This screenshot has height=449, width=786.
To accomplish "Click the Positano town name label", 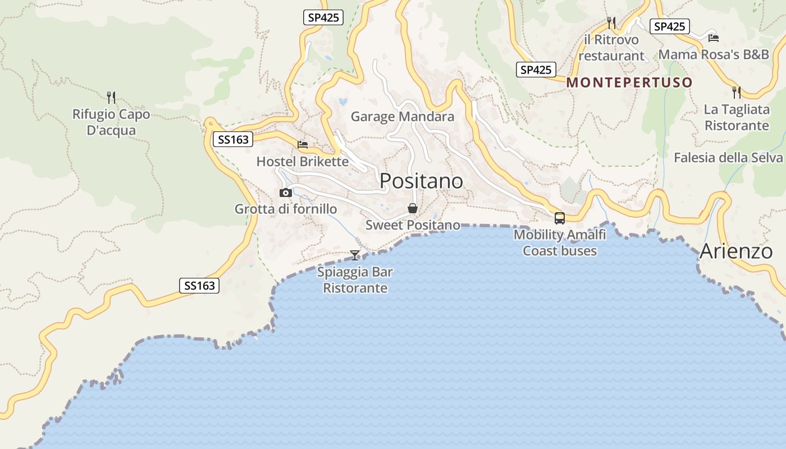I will [x=421, y=181].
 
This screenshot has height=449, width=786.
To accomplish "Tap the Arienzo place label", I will [x=736, y=251].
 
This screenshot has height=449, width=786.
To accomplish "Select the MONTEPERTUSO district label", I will [x=629, y=83].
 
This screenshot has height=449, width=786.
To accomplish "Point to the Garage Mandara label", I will [x=402, y=117].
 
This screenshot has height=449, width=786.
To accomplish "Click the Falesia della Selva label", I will [x=728, y=157].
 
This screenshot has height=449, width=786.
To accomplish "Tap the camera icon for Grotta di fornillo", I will [x=286, y=193].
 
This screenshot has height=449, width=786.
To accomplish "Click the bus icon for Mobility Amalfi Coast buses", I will [x=559, y=218].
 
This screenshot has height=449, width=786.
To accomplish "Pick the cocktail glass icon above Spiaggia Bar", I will [x=355, y=255].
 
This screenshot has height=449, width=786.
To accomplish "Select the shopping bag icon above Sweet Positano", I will [x=413, y=208].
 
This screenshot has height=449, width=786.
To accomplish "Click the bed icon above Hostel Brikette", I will [x=303, y=144].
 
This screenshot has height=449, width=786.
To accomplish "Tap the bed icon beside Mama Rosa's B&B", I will [x=714, y=38].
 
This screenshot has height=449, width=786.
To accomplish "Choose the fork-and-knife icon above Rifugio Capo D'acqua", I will [x=111, y=97].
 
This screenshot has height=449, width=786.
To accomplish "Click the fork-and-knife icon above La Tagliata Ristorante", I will [x=737, y=92].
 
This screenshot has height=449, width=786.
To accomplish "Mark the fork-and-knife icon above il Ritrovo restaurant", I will [x=611, y=22].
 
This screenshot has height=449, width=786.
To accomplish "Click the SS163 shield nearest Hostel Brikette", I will [x=233, y=139].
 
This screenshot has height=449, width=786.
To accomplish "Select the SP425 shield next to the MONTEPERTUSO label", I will [x=536, y=70].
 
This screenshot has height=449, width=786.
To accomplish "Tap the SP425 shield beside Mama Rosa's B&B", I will [x=669, y=26].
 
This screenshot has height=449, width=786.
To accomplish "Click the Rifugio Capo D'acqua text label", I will [x=111, y=122].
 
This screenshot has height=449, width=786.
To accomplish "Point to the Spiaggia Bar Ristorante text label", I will [x=355, y=280].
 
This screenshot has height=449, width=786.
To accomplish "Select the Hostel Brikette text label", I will [x=303, y=162].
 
